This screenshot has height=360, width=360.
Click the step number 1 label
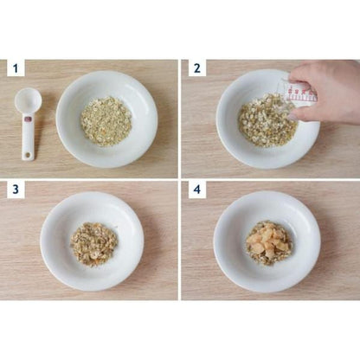click(16, 68)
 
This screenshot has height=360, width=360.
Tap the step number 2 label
click(197, 68)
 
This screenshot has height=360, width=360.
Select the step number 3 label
click(16, 190)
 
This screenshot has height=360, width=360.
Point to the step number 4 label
click(197, 190)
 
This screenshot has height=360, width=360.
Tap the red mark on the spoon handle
click(28, 119)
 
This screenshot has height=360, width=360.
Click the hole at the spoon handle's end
click(28, 156)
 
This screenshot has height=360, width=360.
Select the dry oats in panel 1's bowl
click(106, 121)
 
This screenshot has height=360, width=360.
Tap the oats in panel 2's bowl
click(267, 120)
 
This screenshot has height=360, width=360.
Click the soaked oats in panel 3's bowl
click(93, 244)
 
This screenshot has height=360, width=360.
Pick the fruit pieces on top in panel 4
click(268, 241)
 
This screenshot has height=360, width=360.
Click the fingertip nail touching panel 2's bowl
click(292, 117)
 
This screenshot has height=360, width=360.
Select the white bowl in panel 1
click(106, 119)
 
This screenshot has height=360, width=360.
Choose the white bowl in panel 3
click(92, 241)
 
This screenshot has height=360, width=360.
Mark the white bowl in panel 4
click(267, 241)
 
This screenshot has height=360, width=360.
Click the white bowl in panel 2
click(267, 119)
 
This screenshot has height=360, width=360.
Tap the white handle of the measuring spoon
click(28, 136)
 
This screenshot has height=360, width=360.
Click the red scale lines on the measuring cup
click(300, 93)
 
